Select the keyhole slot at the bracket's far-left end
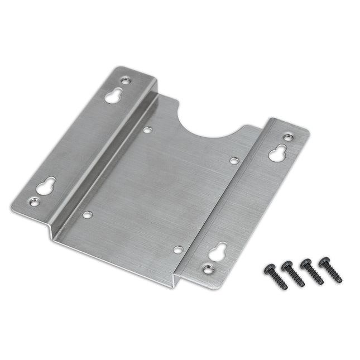tap(46, 185)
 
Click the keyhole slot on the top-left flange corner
tap(114, 95)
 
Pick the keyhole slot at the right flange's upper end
tap(277, 152)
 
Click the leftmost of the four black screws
tap(276, 276)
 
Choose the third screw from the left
tap(313, 272)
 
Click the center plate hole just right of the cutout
tap(234, 161)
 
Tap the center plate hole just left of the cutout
tap(147, 130)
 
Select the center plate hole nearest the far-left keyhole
tap(87, 214)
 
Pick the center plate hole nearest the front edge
tap(177, 249)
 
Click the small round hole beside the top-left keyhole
tap(126, 81)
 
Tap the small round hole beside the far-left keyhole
tap(35, 203)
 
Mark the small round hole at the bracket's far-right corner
tap(288, 136)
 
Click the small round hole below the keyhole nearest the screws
tap(208, 269)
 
